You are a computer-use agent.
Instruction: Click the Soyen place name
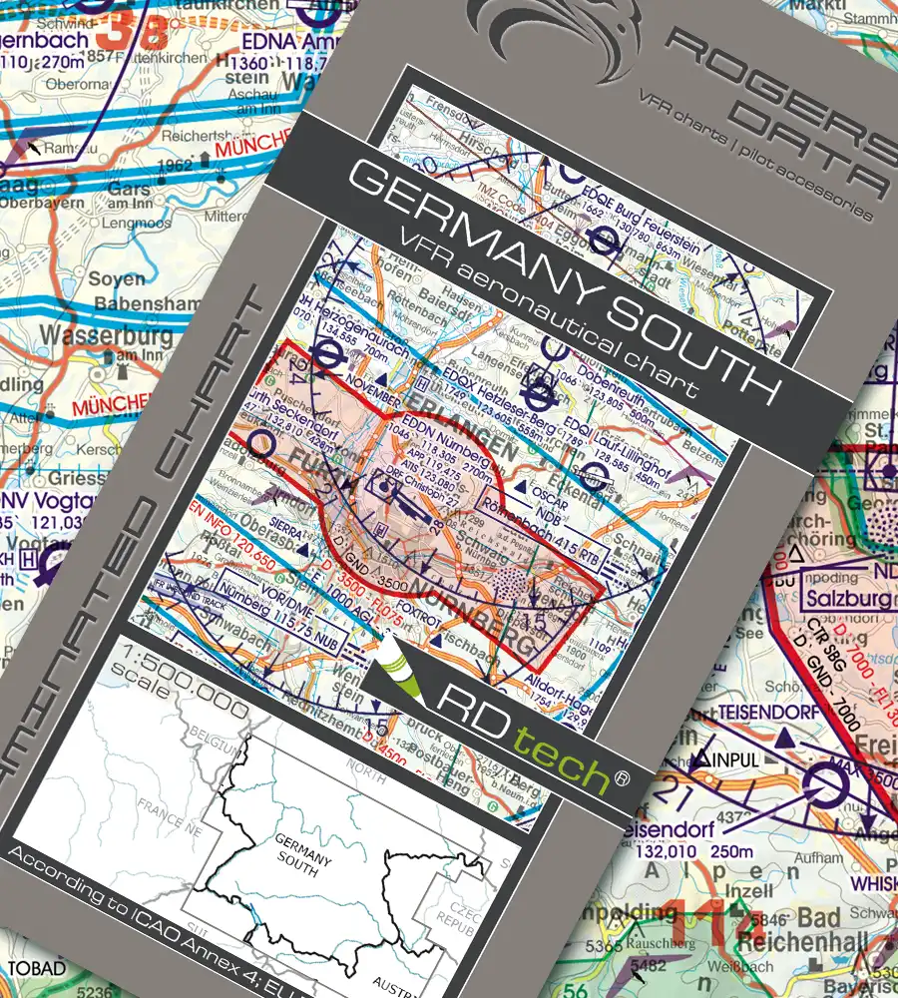tap(116, 278)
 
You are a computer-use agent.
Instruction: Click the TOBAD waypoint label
tap(37, 968)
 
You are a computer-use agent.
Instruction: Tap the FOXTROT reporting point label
tap(409, 603)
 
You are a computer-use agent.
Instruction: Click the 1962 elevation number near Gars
tap(181, 166)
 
